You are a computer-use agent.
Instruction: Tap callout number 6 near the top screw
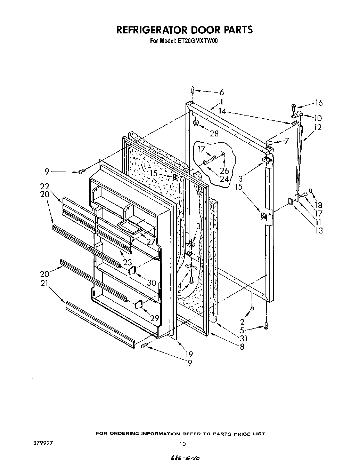pos(221,93)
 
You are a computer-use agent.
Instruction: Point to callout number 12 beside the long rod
pos(317,127)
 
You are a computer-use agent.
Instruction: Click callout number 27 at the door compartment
pos(150,241)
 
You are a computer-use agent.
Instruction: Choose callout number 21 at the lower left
pos(44,283)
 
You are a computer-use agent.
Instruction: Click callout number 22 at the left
pos(44,187)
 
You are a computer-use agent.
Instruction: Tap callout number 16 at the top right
pos(319,103)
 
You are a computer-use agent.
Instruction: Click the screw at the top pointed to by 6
pos(193,90)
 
